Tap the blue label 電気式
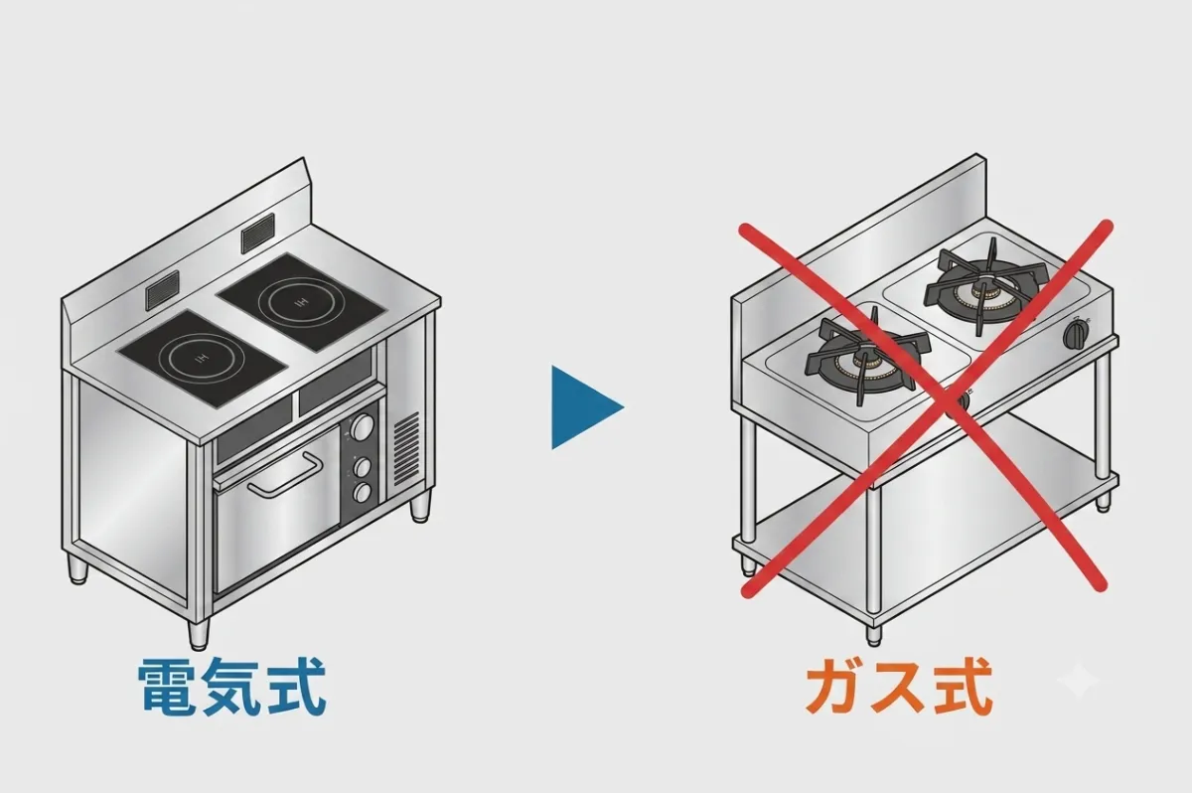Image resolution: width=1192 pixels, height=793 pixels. click(x=232, y=686)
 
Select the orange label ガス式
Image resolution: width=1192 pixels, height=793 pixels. click(x=899, y=687)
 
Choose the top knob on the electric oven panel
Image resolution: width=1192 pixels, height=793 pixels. click(x=363, y=427)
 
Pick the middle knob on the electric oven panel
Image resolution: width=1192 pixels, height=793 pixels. click(x=363, y=467)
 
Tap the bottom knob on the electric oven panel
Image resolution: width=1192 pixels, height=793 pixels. click(x=363, y=493)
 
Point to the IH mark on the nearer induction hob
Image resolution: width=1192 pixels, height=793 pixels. click(x=201, y=361)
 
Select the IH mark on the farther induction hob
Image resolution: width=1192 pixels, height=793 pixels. click(x=301, y=303)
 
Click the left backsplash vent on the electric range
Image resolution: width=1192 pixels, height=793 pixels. click(x=162, y=291)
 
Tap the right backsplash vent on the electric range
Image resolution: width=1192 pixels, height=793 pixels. click(x=258, y=234)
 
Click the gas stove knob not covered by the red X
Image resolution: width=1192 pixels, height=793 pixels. click(x=1076, y=334)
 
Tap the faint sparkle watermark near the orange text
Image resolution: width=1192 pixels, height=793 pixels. click(x=1077, y=680)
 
